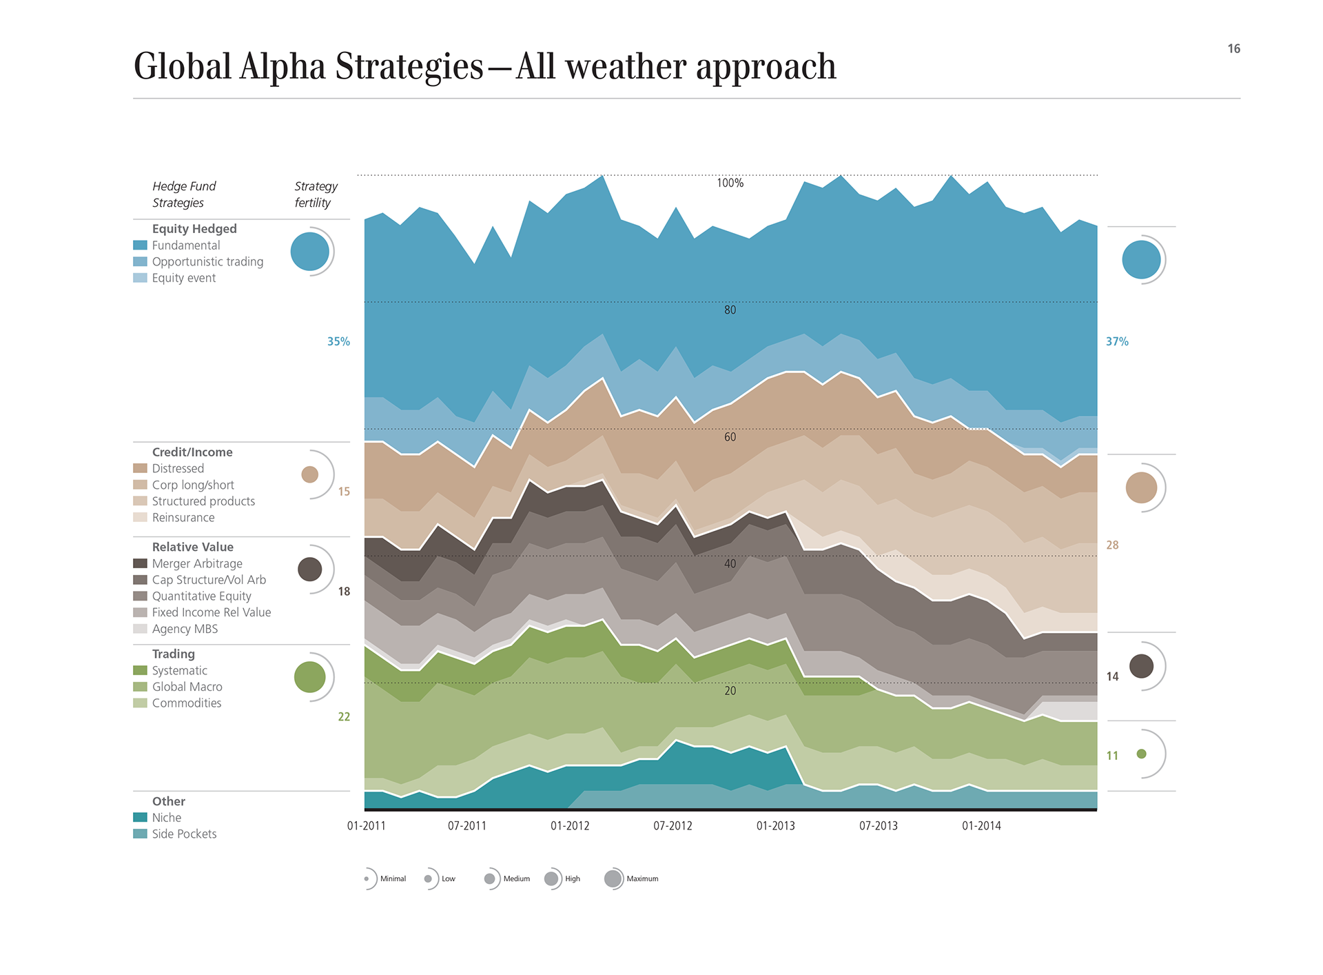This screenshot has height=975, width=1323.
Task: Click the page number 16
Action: click(x=1233, y=49)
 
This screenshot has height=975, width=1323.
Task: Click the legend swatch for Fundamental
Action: click(x=140, y=245)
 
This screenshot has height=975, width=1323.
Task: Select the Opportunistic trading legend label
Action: click(x=207, y=262)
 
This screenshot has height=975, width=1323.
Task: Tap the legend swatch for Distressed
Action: click(x=140, y=469)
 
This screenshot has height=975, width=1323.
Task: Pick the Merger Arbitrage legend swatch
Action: click(x=140, y=564)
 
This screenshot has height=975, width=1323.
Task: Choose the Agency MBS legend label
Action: click(x=185, y=629)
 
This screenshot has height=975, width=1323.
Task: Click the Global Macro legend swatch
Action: click(x=140, y=687)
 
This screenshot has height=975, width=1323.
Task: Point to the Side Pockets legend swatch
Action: click(x=140, y=834)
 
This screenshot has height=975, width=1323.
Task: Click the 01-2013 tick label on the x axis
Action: click(x=775, y=826)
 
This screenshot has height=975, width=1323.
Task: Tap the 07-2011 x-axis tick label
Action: click(x=466, y=826)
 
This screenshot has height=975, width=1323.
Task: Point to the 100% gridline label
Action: click(x=730, y=183)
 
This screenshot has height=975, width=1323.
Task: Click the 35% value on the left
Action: click(x=338, y=342)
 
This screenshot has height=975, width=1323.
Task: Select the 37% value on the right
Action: click(x=1117, y=342)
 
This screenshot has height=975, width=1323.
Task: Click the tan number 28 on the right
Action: click(x=1112, y=545)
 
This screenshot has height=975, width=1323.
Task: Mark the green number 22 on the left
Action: click(x=344, y=717)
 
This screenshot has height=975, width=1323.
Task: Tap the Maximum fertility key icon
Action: click(x=613, y=879)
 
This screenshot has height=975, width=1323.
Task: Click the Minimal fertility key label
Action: click(x=393, y=879)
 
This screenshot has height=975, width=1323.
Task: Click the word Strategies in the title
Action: click(x=409, y=68)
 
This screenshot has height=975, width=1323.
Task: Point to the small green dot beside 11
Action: click(x=1141, y=754)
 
